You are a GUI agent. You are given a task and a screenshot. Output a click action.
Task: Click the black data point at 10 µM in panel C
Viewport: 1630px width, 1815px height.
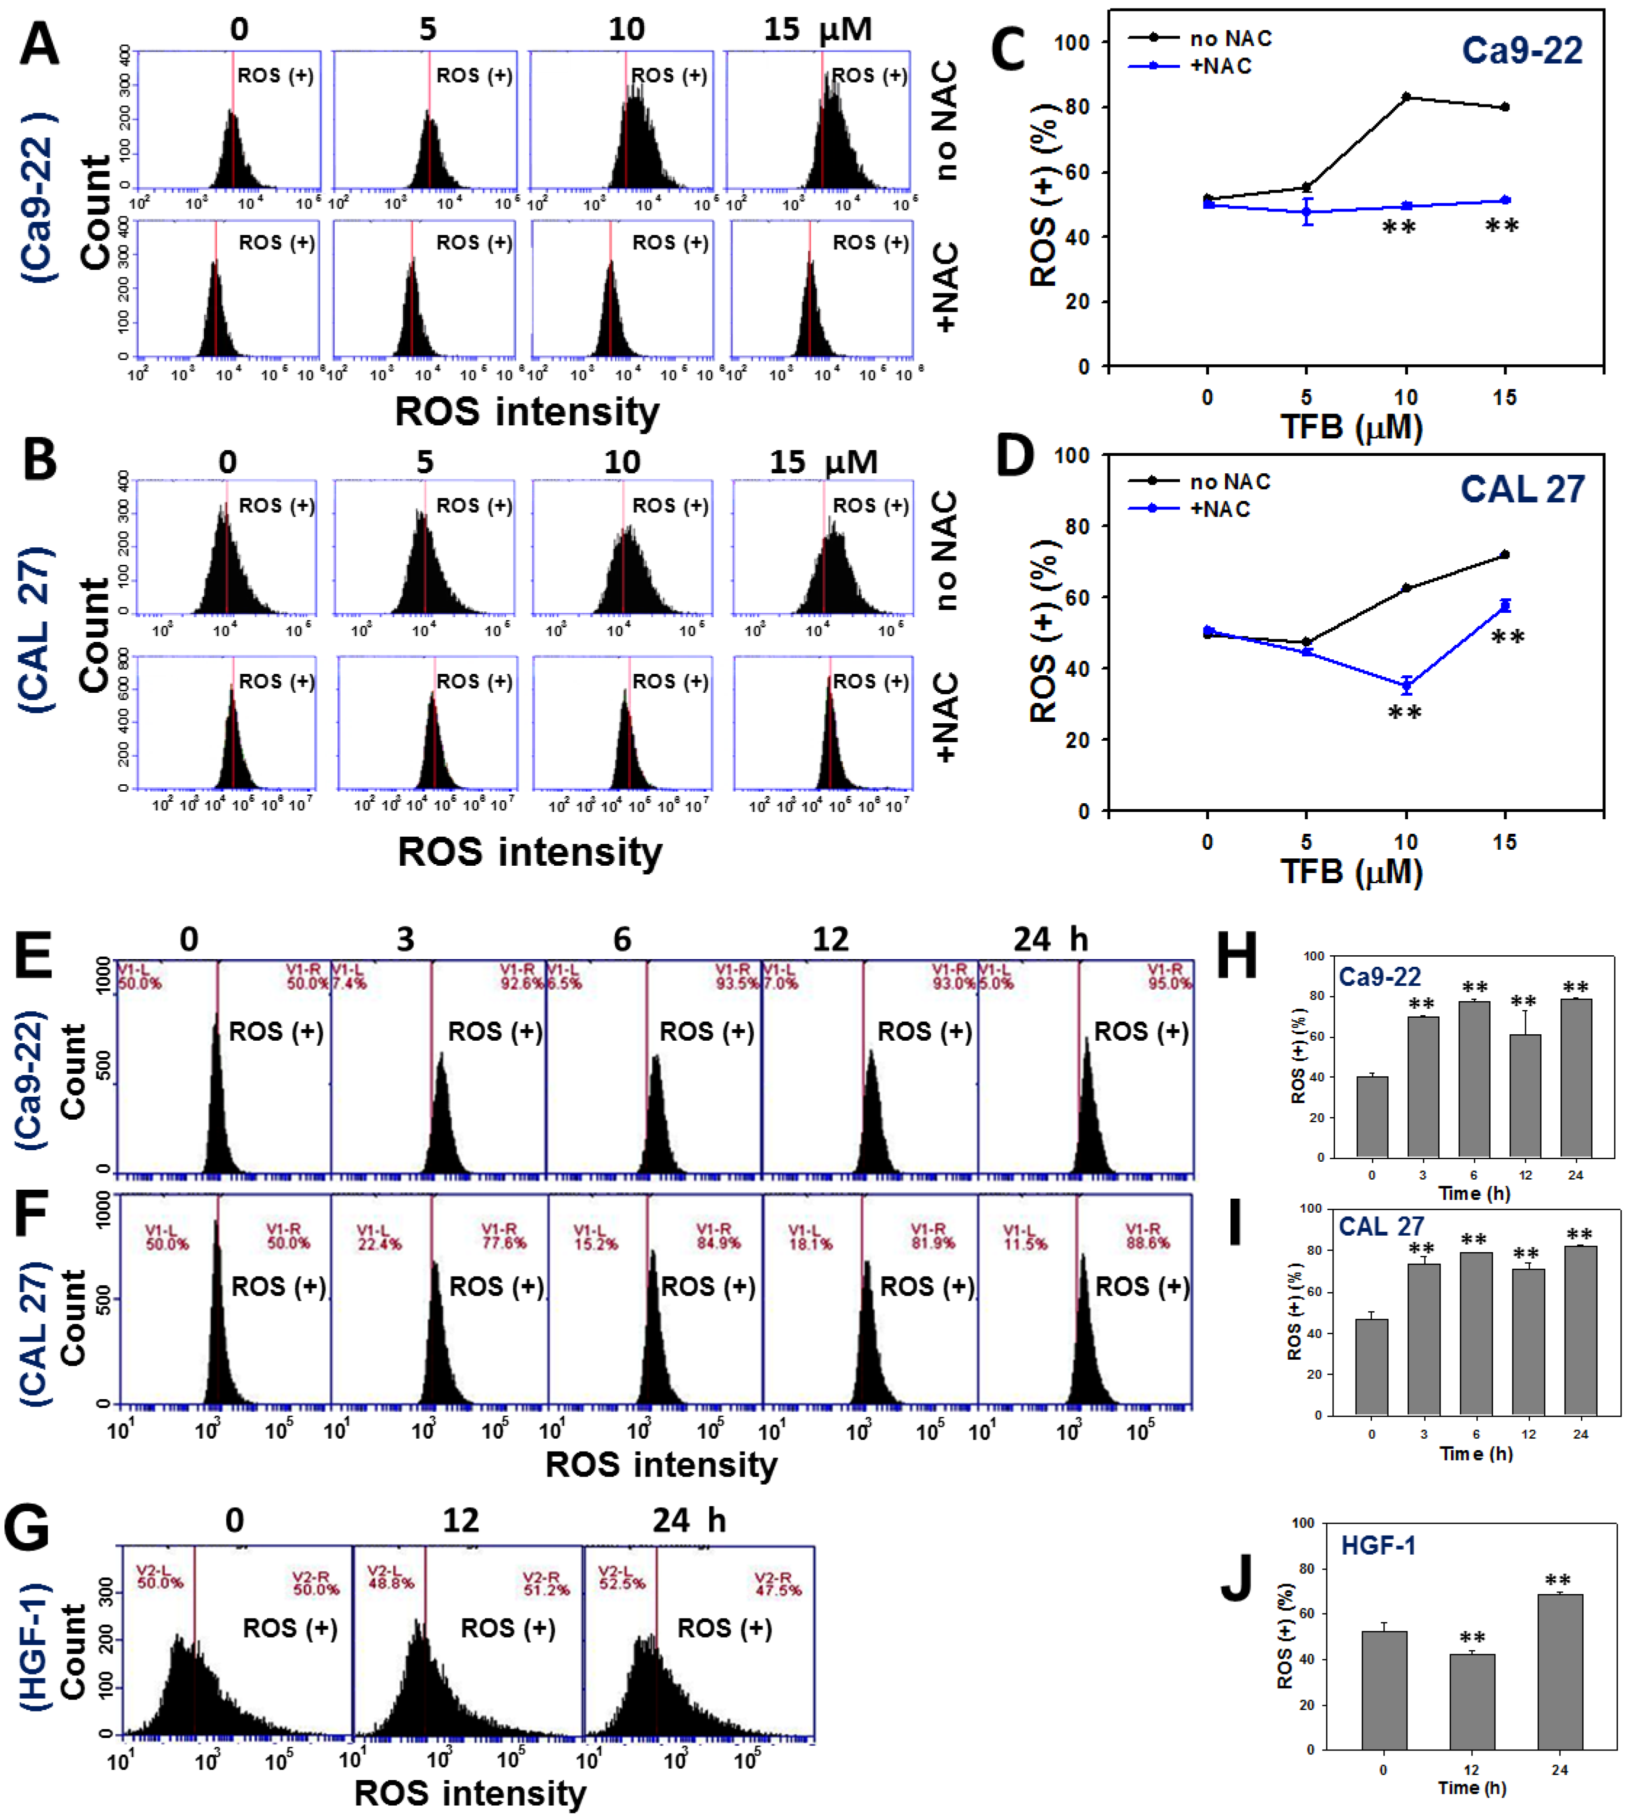point(1406,96)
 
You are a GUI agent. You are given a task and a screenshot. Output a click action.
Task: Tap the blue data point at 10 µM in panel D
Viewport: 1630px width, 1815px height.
point(1406,686)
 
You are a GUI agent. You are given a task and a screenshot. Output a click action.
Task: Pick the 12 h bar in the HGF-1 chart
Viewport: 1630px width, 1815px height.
point(1471,1702)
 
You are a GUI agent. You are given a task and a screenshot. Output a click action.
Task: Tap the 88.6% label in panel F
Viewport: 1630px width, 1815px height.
point(1147,1244)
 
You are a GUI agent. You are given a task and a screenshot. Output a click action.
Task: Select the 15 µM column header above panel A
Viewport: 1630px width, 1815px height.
point(817,29)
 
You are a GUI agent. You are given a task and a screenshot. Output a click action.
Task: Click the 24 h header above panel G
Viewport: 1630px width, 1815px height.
point(688,1521)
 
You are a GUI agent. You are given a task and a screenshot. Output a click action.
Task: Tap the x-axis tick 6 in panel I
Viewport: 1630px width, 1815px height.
point(1476,1435)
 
